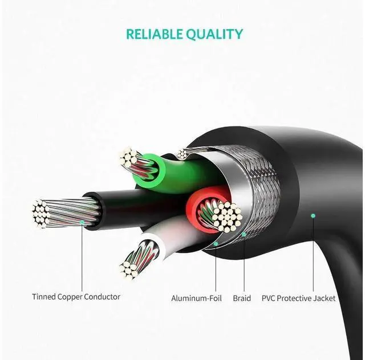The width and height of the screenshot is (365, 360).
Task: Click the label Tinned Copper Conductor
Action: (x=76, y=297)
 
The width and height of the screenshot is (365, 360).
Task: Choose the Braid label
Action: (x=242, y=298)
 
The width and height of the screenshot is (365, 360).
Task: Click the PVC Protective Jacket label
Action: (x=298, y=298)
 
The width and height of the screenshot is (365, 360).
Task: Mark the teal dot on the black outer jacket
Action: (x=313, y=215)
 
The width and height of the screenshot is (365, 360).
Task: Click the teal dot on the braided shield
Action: (x=243, y=234)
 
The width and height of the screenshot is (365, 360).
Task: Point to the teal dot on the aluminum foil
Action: (x=216, y=243)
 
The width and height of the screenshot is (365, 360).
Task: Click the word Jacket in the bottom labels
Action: (x=324, y=298)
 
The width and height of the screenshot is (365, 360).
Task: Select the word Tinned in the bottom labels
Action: (x=43, y=297)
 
